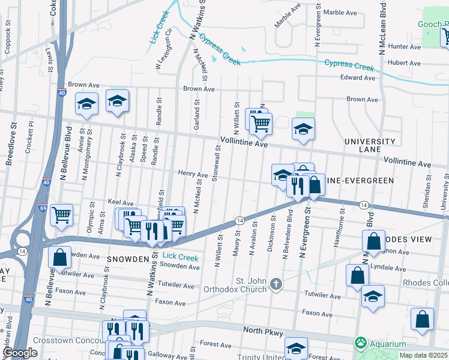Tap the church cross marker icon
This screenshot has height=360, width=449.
276,283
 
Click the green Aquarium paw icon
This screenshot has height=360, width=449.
360,343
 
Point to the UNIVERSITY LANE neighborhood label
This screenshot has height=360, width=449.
370,145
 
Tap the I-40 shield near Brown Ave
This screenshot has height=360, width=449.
62,93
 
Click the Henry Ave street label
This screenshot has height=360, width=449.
193,173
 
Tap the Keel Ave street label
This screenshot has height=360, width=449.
120,203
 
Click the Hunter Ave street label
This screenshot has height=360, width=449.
404,46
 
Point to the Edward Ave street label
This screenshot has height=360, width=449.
358,77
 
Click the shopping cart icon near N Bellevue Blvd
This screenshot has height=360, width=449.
62,215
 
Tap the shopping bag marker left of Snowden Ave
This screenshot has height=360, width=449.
60,257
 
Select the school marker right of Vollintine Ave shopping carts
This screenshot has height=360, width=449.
304,128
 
